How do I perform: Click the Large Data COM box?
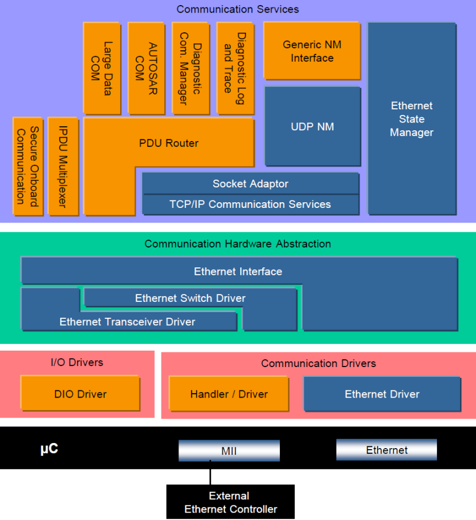click(102, 69)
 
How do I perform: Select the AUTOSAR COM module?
click(146, 69)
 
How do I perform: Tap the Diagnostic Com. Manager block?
click(191, 69)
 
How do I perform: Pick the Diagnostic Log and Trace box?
click(235, 69)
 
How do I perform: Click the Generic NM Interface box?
click(312, 51)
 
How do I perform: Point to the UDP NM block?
click(312, 126)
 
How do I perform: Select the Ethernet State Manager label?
click(411, 119)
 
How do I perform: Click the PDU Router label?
click(168, 143)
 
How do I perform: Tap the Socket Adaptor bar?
click(250, 184)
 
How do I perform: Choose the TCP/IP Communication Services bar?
click(250, 204)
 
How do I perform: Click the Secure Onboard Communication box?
click(28, 167)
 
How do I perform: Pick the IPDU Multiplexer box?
click(63, 167)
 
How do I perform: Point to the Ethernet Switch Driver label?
click(190, 298)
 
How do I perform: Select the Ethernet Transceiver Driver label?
click(127, 322)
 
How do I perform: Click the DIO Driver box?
click(80, 393)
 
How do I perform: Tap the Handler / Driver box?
click(229, 394)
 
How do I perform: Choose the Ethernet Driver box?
click(382, 394)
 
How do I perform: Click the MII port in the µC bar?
click(229, 450)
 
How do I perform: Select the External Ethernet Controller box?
click(230, 501)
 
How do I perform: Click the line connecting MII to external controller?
click(210, 472)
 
